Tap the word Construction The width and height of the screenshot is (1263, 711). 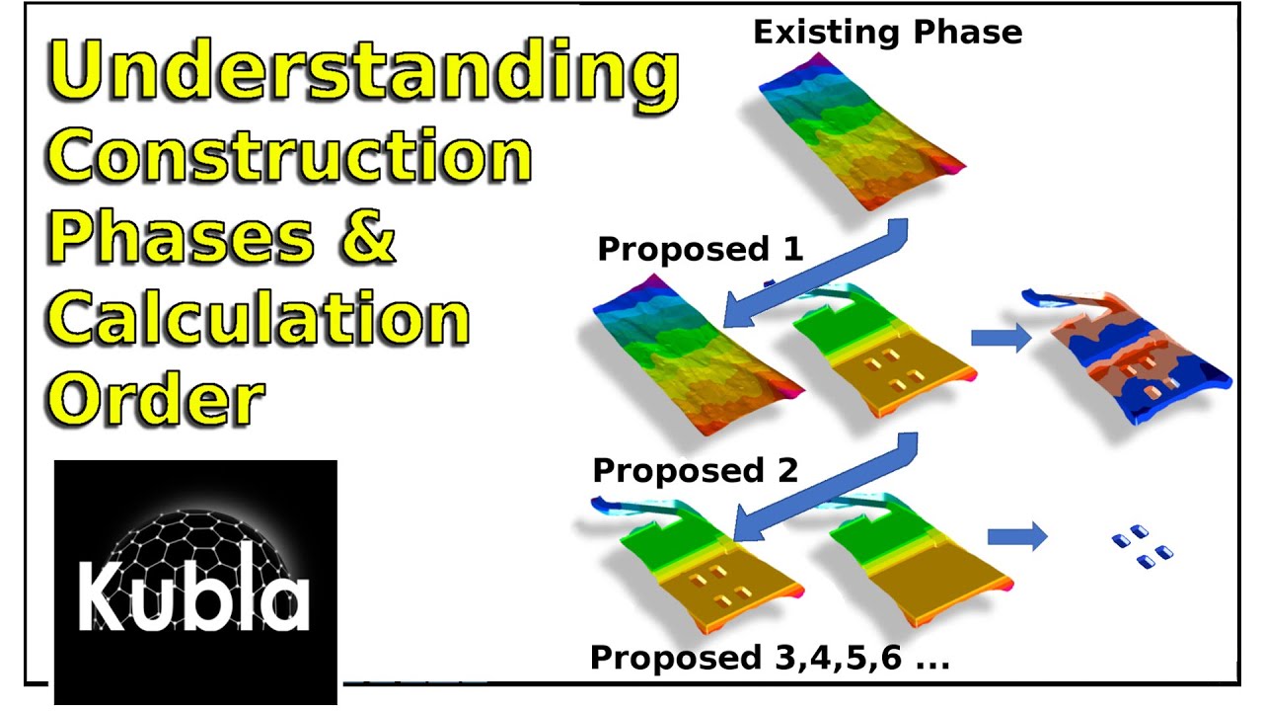tap(289, 156)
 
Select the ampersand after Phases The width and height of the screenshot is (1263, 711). tap(368, 235)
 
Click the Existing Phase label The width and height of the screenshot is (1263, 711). tap(887, 33)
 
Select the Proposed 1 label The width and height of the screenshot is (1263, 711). tap(701, 249)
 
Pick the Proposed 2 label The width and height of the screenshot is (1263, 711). tap(696, 470)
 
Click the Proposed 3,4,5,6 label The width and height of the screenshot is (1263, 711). tap(770, 658)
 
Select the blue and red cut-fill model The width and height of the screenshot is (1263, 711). tap(1125, 356)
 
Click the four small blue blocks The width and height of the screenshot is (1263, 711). tap(1143, 546)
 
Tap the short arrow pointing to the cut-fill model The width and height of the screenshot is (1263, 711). tap(1001, 338)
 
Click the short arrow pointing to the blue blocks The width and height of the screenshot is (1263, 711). tap(1017, 536)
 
